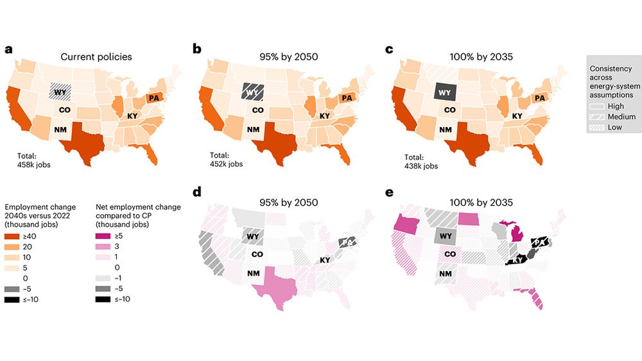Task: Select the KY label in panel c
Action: pos(516,116)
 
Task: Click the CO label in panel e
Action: pos(451,254)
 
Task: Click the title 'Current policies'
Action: pos(96,56)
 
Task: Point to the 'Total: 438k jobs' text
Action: pos(422,162)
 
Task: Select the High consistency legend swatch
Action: pos(596,106)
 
